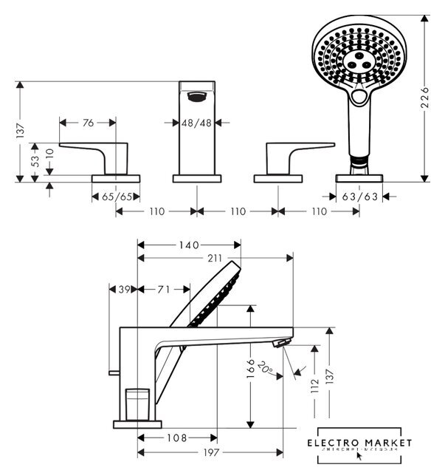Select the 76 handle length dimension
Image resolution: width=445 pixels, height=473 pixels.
[x=88, y=123]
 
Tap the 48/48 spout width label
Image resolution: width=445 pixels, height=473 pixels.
[x=197, y=123]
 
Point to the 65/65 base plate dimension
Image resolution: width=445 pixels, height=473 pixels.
[x=115, y=197]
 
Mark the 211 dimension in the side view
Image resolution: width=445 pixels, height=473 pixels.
[x=214, y=258]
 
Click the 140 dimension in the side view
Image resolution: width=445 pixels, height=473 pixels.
[x=190, y=245]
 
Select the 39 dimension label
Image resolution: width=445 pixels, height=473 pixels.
[x=123, y=290]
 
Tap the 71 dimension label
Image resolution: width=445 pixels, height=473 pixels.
[x=164, y=290]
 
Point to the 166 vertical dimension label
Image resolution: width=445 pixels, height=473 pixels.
[x=251, y=367]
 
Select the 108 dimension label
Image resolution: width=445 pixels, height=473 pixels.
[x=177, y=438]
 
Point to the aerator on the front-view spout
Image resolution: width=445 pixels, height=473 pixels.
[x=197, y=95]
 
